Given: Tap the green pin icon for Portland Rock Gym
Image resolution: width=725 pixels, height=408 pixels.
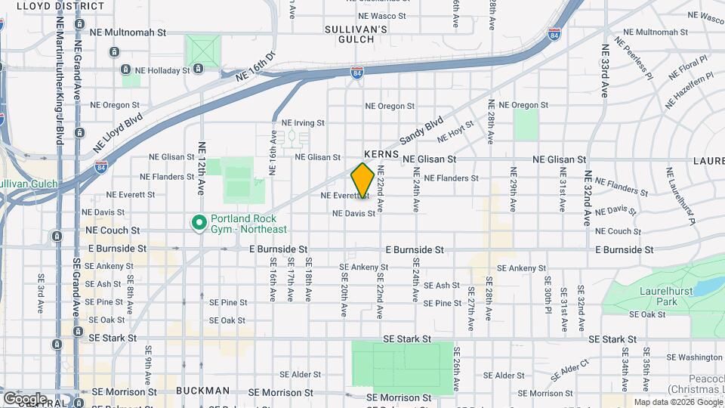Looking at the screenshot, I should pyautogui.click(x=199, y=223).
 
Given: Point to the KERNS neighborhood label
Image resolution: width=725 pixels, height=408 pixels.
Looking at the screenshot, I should pyautogui.click(x=381, y=153).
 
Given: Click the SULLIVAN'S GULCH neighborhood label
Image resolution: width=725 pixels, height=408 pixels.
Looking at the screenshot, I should pyautogui.click(x=356, y=35).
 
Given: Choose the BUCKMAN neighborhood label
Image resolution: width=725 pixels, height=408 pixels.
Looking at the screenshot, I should pyautogui.click(x=202, y=391).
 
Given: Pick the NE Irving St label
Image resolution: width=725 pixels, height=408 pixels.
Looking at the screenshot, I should pyautogui.click(x=303, y=122).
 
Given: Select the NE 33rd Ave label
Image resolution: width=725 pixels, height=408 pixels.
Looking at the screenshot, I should pyautogui.click(x=605, y=71).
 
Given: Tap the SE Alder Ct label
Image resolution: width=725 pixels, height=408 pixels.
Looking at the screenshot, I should pyautogui.click(x=568, y=369).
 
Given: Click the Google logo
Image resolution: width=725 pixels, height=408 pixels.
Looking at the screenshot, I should pyautogui.click(x=25, y=398).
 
